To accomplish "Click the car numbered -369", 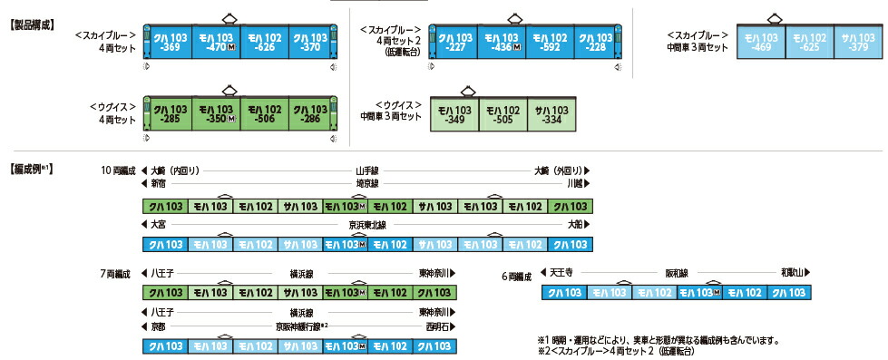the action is coord(171,43).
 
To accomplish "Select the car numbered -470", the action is coord(218,43).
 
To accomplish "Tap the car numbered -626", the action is coord(265,43).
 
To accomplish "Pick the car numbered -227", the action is coord(454,43).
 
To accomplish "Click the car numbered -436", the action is coord(501,43).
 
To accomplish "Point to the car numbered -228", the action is coord(596,43).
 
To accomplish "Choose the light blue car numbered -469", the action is coord(762,43).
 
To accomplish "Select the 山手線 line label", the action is coord(366,170).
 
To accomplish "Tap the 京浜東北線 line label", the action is coord(366,224).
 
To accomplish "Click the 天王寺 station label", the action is coord(563,272).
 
